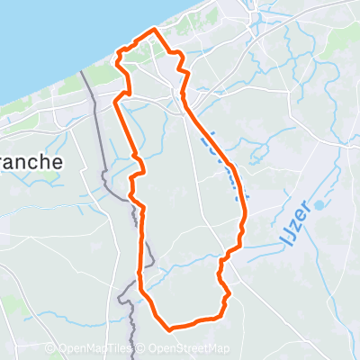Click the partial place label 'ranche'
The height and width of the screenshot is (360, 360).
coord(31,162)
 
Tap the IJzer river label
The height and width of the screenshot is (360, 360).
coord(292,225)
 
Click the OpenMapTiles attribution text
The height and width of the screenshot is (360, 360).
coord(96,349)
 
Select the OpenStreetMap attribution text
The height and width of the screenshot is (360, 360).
coord(189,349)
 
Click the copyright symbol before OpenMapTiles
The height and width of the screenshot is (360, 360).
coord(51,349)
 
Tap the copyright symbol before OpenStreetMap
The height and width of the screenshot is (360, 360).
coord(142,349)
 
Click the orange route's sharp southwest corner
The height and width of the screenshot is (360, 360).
coord(140,291)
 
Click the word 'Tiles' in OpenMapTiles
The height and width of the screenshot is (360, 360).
coord(121,349)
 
